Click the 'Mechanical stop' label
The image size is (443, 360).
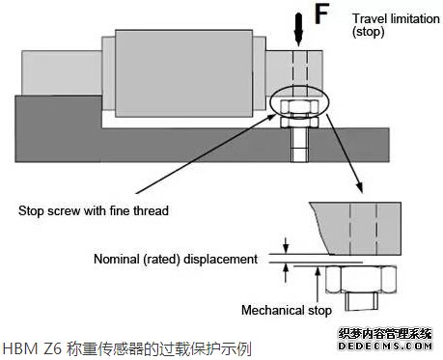point(287,310)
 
